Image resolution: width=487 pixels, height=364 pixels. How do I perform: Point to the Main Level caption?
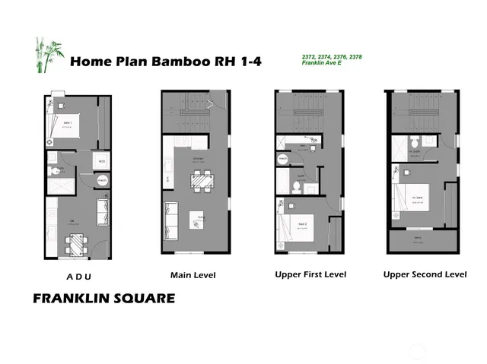click(x=194, y=275)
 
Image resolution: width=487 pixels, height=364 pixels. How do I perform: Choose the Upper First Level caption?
click(x=310, y=274)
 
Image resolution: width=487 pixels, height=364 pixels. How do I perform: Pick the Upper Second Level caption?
click(x=425, y=274)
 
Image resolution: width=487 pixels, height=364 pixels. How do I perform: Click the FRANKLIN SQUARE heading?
click(x=103, y=299)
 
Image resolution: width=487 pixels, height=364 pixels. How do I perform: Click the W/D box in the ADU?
click(x=102, y=161)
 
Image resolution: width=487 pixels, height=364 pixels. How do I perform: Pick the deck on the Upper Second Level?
click(x=423, y=242)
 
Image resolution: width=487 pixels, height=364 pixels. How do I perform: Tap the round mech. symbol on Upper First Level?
click(x=283, y=159)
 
